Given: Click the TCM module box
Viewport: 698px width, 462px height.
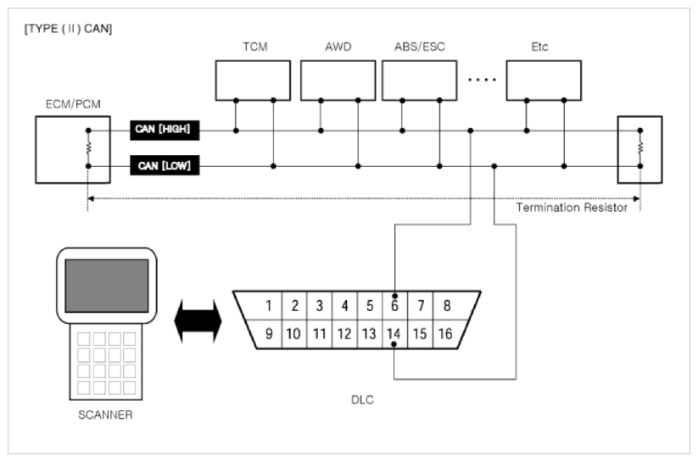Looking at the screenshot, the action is tap(253, 81).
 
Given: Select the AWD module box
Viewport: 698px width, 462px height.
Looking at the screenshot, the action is tap(338, 81).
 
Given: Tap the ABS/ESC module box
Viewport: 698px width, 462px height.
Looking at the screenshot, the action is tap(419, 81).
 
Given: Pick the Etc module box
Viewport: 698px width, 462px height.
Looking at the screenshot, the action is tap(544, 81).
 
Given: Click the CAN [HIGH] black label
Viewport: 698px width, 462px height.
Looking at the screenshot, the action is tap(165, 130).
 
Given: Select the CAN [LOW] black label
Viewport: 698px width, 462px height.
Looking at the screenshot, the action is tap(165, 165).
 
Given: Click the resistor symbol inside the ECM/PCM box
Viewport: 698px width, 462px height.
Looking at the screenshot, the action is tap(88, 148).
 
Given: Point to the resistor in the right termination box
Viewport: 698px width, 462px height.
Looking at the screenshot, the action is tap(640, 148).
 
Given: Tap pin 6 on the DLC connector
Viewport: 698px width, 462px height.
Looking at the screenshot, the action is tap(394, 306).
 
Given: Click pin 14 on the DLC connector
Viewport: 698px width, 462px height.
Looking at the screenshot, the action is tap(394, 333).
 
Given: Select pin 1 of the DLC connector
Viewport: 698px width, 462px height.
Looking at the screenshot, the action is tap(268, 306).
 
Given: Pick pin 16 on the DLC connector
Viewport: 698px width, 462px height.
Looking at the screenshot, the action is tap(445, 333).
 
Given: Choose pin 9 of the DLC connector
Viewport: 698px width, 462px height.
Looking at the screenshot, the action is tap(269, 333).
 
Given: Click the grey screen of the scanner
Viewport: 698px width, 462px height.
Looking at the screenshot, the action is tap(107, 286).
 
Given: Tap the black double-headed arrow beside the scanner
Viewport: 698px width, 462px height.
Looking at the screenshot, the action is tap(198, 321).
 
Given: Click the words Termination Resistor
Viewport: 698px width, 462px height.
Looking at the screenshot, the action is tap(572, 208).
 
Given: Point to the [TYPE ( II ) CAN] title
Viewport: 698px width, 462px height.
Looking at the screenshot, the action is tap(68, 29).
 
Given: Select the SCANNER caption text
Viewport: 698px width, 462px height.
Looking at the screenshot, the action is tap(105, 415).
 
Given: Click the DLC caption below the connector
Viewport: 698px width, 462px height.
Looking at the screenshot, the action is tap(362, 399).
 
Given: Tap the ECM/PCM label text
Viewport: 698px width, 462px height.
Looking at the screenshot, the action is tap(73, 104).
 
